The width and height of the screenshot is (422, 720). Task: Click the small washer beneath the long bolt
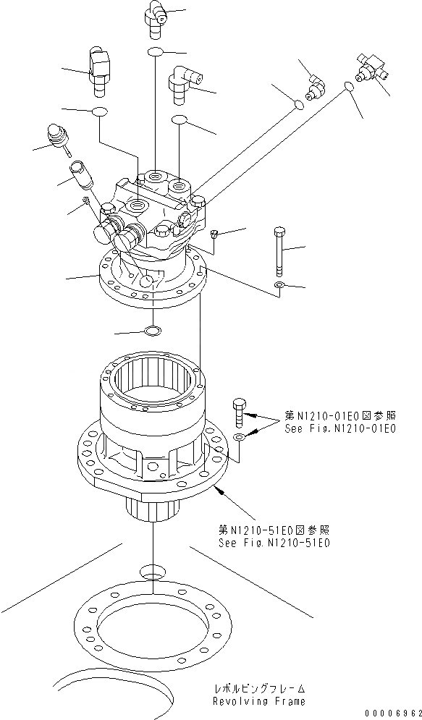click(279, 286)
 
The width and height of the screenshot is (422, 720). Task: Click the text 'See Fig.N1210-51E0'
click(274, 542)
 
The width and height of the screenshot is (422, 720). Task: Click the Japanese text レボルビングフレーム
click(258, 690)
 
